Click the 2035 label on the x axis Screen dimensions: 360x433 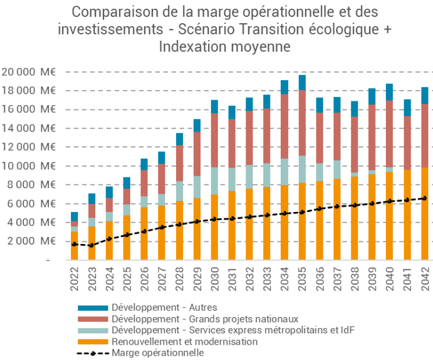point(302,279)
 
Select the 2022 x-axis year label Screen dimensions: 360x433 point(74,279)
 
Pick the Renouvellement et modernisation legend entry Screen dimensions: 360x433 point(184,342)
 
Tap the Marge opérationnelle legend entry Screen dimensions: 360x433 point(157,353)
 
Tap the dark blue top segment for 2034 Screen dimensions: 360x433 point(285,87)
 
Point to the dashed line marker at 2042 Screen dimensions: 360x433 point(425,198)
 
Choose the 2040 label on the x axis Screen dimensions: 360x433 point(390,279)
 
